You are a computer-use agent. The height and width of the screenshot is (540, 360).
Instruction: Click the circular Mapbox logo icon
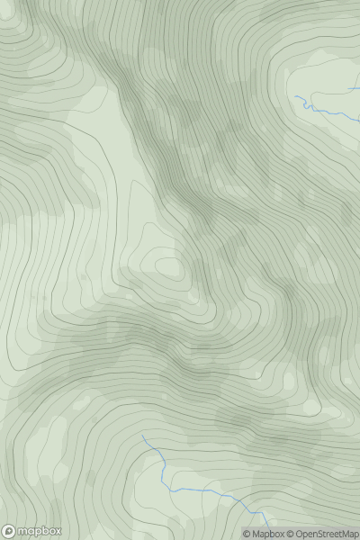coord(9,531)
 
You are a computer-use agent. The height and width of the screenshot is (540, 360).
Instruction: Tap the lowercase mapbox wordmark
coord(38,531)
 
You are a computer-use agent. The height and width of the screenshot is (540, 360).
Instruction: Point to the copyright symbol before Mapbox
coord(247,534)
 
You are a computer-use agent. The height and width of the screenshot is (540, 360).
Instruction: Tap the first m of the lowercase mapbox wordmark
coord(22,531)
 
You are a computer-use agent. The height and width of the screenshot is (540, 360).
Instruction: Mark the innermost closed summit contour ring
coord(168,266)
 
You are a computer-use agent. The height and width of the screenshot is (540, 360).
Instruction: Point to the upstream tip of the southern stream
coord(141,435)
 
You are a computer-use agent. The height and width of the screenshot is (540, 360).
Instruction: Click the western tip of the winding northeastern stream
coord(296,95)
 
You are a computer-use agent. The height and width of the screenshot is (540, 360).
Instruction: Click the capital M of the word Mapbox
coord(256,534)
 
